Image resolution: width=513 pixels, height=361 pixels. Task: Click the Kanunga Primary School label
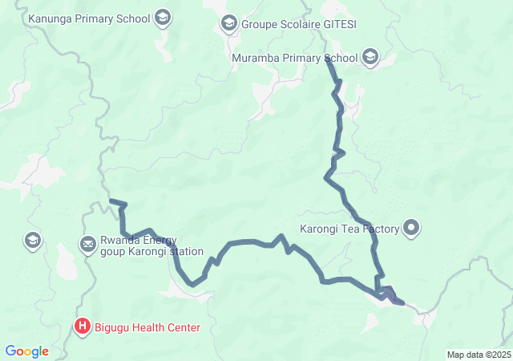tap(88, 18)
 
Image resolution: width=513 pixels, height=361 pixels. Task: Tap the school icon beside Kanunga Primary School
tap(163, 18)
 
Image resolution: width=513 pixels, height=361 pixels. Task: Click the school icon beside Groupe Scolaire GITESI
tap(230, 24)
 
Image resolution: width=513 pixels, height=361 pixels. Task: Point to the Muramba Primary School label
tap(294, 58)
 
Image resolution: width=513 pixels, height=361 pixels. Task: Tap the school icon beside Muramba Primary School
tap(370, 57)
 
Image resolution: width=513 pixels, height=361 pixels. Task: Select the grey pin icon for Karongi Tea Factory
tap(412, 229)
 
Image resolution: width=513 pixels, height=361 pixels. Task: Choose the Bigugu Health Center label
tap(147, 327)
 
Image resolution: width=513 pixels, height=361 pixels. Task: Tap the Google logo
tap(26, 351)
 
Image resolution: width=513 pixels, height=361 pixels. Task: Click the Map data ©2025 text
tap(479, 355)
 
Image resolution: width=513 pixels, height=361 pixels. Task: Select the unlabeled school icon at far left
tap(33, 240)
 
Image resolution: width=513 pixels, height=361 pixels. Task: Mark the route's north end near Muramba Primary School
tap(329, 62)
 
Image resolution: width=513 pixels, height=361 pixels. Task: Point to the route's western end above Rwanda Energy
tap(111, 201)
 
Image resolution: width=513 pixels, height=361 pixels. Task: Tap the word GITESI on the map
tap(339, 24)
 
